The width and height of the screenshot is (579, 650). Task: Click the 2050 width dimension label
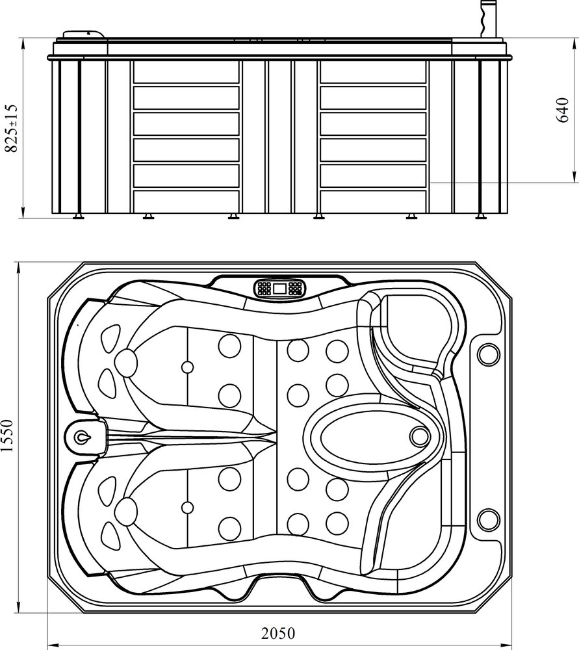click(x=277, y=633)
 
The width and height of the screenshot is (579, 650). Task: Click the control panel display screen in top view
click(x=279, y=288)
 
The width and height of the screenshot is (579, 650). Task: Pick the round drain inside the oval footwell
click(x=420, y=436)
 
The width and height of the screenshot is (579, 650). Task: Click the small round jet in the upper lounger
click(x=187, y=367)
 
